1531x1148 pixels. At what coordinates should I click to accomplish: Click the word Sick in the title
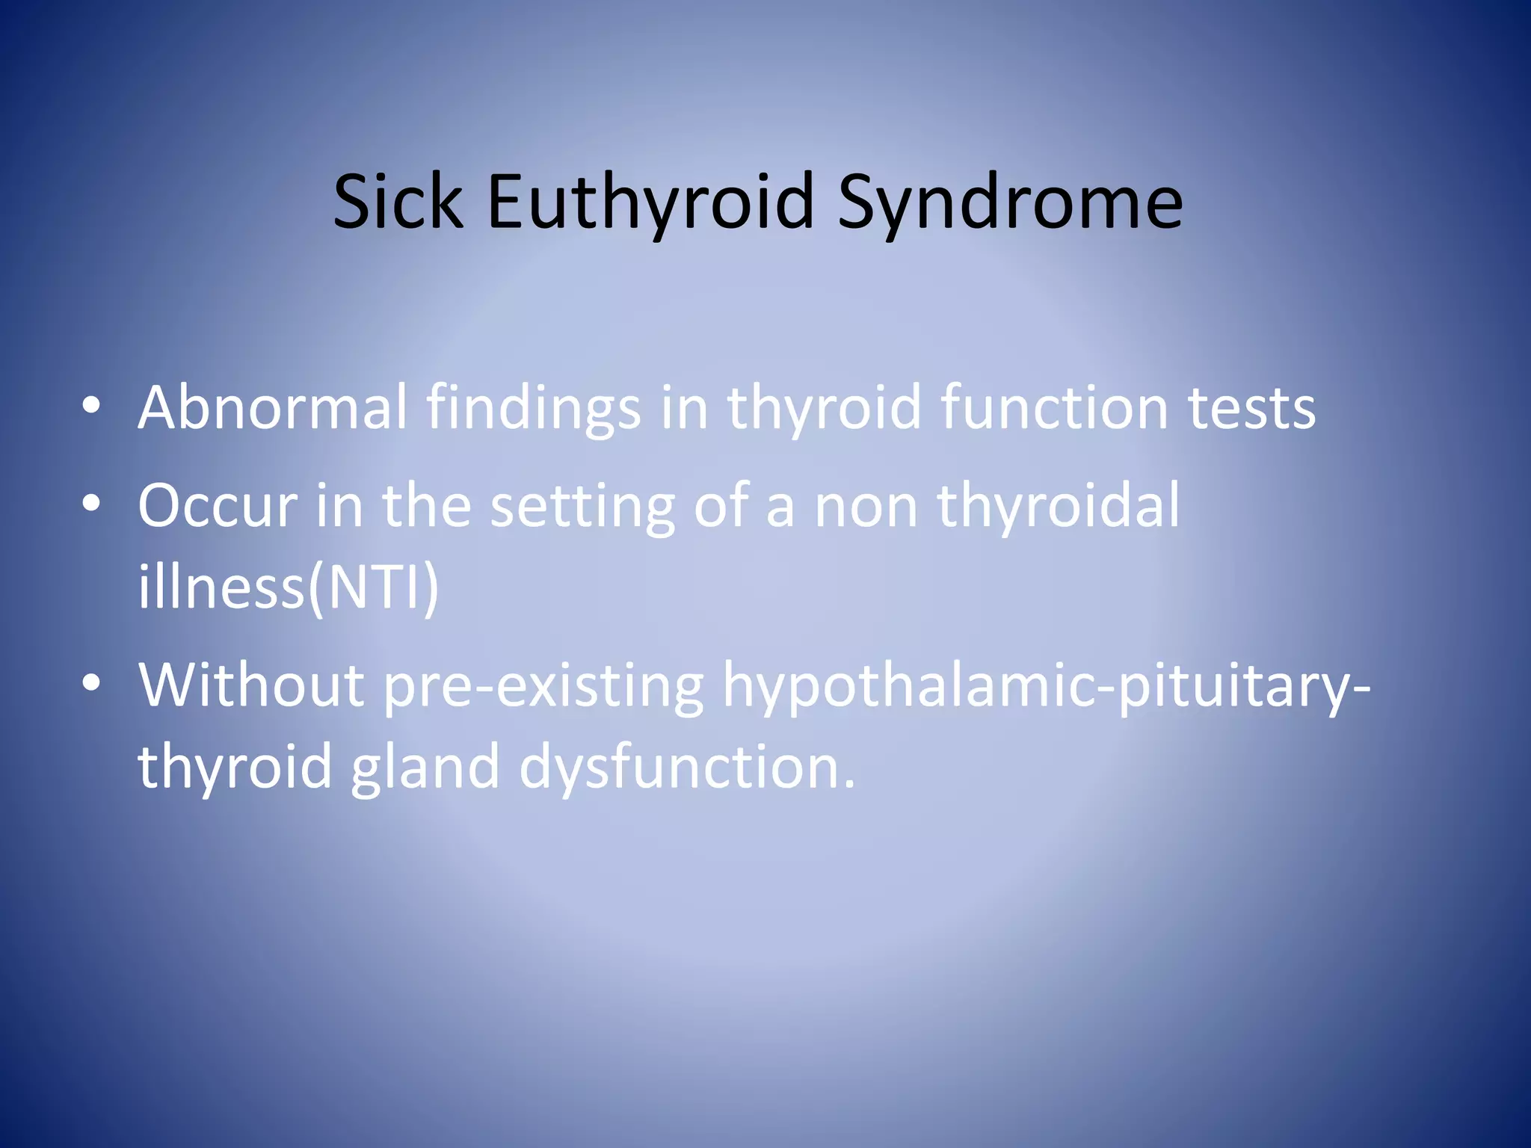397,201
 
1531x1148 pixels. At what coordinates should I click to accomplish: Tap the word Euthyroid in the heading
650,203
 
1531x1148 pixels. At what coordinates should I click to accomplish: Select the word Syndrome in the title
1010,203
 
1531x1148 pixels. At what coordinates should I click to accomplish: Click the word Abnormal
272,407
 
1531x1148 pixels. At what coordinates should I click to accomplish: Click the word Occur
218,506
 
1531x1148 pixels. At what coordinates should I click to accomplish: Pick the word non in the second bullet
866,506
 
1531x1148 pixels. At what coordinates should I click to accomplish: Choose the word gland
425,768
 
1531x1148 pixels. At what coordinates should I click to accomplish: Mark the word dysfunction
686,768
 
